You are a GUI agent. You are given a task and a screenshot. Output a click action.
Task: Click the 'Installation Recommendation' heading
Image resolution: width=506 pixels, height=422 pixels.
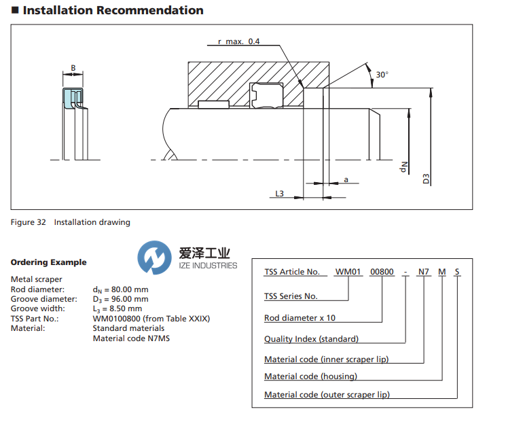[112, 10]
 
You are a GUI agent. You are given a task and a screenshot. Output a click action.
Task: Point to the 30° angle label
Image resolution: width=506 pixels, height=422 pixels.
[382, 75]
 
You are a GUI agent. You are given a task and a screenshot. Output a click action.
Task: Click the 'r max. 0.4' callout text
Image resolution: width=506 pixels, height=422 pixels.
[238, 41]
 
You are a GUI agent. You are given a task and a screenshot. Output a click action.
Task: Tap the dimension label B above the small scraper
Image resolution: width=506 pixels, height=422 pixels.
[73, 69]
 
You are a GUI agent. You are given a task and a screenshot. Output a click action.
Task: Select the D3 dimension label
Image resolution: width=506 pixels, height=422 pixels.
[427, 179]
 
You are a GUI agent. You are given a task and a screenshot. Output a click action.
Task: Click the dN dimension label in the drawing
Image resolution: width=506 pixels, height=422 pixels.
[402, 165]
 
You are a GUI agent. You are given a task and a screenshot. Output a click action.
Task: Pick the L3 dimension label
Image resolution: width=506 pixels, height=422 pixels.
[279, 194]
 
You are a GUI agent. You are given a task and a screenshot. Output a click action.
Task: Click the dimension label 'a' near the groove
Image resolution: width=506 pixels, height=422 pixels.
[346, 179]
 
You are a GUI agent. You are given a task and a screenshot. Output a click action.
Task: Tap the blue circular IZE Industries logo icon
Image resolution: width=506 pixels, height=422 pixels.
[155, 258]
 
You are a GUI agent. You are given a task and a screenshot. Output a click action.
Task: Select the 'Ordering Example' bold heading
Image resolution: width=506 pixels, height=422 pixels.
[48, 262]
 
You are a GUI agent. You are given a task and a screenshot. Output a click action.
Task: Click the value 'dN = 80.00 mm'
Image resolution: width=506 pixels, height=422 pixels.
[120, 289]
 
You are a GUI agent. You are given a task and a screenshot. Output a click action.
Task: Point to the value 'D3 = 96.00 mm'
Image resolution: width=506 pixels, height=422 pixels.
[120, 299]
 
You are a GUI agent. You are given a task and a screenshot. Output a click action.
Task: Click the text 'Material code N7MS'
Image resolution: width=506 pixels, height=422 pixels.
[131, 338]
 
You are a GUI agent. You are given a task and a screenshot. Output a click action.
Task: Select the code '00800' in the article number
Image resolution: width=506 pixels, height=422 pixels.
[381, 272]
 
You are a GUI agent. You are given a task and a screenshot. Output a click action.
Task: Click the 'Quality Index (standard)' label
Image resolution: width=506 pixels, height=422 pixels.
[311, 338]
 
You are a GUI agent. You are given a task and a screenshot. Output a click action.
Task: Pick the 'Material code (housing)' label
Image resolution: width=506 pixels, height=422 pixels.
[310, 376]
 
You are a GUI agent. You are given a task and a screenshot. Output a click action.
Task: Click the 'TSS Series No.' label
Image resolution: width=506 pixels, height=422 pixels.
[291, 296]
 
